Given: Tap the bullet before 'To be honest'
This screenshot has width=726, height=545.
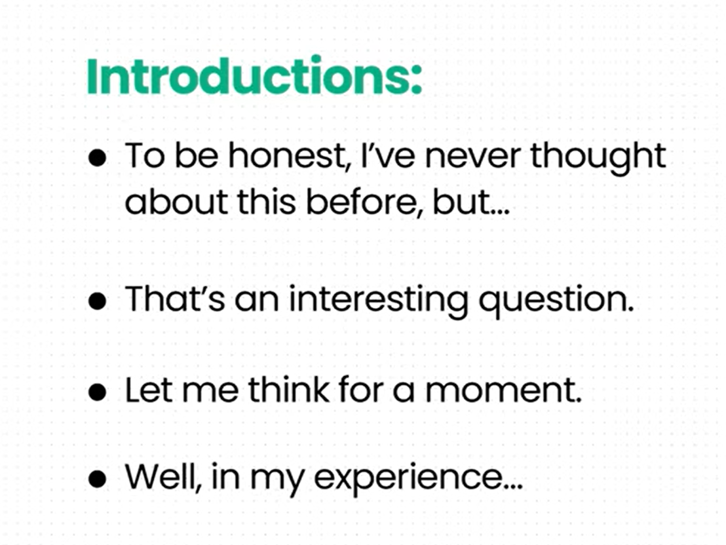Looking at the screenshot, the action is (x=97, y=157).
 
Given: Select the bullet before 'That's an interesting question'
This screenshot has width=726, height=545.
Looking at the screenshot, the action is (x=97, y=301).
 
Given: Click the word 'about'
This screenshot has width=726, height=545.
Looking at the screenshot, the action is (x=176, y=202).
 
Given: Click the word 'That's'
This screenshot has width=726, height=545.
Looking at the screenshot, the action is (x=175, y=298).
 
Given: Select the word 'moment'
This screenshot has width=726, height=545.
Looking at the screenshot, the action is (x=504, y=390).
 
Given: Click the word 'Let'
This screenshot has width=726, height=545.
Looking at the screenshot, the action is (x=149, y=389).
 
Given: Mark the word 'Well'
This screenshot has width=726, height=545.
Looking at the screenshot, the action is (x=163, y=476).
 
